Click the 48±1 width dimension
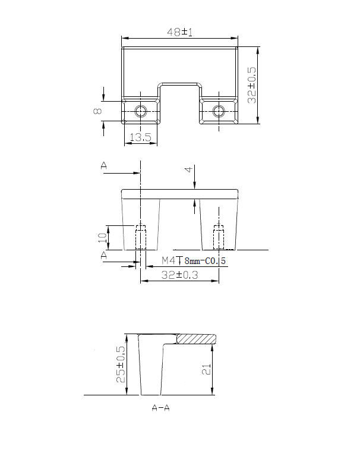(180, 32)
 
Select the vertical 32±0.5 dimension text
(252, 85)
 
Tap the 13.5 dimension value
(141, 137)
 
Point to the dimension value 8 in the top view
(97, 111)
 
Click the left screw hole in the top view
(141, 111)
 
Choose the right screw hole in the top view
(219, 111)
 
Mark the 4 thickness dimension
(190, 169)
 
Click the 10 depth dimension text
(102, 237)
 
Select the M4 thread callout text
(169, 260)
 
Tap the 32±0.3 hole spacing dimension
(180, 275)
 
